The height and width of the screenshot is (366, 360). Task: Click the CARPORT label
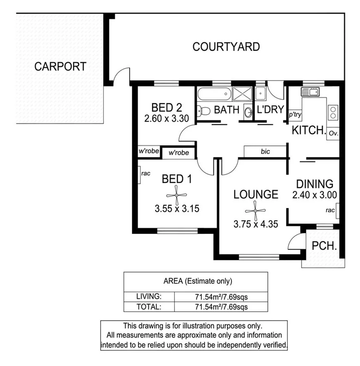[x=60, y=66]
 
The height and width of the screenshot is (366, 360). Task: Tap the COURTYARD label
[x=226, y=47]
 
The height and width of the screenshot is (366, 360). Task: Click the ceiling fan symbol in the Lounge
[x=256, y=211]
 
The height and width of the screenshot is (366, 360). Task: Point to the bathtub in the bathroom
[x=213, y=94]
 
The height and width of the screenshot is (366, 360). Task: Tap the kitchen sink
[x=312, y=92]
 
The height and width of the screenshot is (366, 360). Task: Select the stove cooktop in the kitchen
[x=333, y=112]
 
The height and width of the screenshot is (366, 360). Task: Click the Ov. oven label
[x=333, y=133]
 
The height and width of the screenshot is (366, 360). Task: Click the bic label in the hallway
[x=265, y=152]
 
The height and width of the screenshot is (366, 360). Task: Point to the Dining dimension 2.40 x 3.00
[x=314, y=195]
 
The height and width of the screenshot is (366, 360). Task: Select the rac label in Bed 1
[x=145, y=173]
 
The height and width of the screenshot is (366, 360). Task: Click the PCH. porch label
[x=324, y=247]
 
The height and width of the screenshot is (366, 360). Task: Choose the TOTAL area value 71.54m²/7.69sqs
[x=221, y=307]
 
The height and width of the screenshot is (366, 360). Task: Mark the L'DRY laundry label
[x=270, y=110]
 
